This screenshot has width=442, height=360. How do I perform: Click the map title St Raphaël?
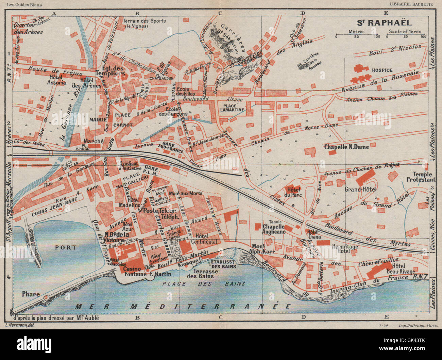tap(384, 23)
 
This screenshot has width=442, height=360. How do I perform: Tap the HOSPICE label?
tap(382, 70)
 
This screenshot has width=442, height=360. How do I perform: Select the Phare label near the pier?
tap(31, 294)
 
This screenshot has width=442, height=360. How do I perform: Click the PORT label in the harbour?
tap(66, 247)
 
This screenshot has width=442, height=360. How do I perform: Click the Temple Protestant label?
tap(419, 177)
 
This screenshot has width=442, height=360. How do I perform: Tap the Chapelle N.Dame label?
tap(346, 147)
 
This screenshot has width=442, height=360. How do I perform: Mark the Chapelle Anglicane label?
tap(273, 228)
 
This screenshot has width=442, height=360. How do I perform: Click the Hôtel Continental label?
tap(204, 239)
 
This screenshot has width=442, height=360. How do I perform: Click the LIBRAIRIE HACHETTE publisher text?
tap(411, 4)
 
